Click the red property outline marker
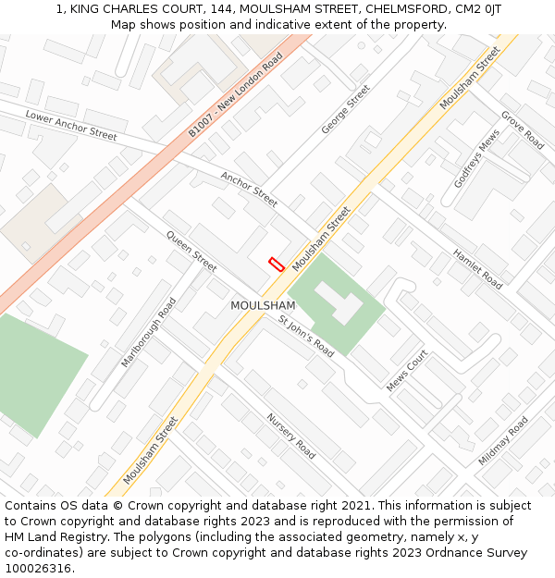[x=276, y=264]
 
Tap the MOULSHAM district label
[x=263, y=305]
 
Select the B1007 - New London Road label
[x=235, y=94]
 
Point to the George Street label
[x=345, y=109]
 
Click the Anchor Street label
[x=249, y=189]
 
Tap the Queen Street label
[x=191, y=251]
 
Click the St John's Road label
[x=306, y=336]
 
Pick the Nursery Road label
[x=291, y=436]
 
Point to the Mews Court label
[x=407, y=370]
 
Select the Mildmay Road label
[x=503, y=440]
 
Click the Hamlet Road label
[x=477, y=269]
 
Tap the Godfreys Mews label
[x=476, y=158]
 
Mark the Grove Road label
[x=522, y=130]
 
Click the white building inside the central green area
[x=338, y=302]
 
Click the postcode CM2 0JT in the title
[x=476, y=8]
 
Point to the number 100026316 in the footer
[x=38, y=569]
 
